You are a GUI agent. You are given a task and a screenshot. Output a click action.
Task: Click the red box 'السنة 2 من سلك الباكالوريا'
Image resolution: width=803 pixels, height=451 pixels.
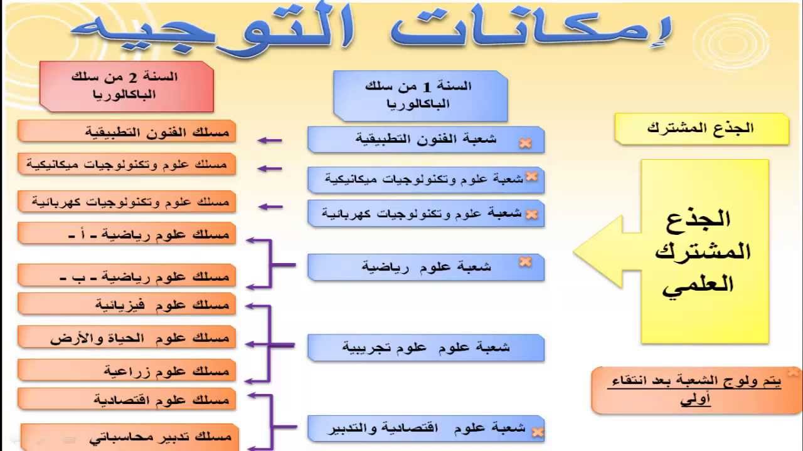pyautogui.click(x=127, y=86)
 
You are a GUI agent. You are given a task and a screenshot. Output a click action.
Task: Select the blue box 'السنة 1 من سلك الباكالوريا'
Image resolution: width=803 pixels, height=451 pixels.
pyautogui.click(x=420, y=96)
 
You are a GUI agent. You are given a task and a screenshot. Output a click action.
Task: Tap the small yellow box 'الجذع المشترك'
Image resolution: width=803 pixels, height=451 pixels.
pyautogui.click(x=702, y=129)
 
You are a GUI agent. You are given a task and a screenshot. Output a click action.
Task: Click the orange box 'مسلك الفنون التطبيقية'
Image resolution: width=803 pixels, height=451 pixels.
pyautogui.click(x=127, y=132)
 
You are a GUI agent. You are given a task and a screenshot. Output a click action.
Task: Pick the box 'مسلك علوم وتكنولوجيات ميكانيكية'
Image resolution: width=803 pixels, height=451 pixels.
pyautogui.click(x=127, y=164)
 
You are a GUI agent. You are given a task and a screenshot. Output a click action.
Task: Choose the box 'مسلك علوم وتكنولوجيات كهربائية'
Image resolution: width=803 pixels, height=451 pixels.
pyautogui.click(x=127, y=202)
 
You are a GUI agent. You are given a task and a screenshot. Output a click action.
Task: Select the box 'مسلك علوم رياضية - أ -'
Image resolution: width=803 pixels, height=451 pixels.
pyautogui.click(x=127, y=234)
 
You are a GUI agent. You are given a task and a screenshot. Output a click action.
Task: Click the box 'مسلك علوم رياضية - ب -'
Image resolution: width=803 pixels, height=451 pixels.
pyautogui.click(x=127, y=276)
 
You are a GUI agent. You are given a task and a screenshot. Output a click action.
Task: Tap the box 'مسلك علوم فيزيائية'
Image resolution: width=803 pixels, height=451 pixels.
pyautogui.click(x=127, y=304)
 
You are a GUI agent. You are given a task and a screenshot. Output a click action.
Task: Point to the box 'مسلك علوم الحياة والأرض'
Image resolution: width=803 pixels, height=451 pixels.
pyautogui.click(x=127, y=337)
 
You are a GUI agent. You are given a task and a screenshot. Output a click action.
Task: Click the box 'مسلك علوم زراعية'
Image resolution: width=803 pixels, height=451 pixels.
pyautogui.click(x=127, y=370)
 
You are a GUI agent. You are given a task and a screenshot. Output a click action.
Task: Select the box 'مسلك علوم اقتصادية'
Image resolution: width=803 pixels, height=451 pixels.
pyautogui.click(x=127, y=399)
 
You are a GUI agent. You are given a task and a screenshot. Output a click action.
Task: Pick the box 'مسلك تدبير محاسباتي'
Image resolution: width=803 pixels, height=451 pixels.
pyautogui.click(x=129, y=437)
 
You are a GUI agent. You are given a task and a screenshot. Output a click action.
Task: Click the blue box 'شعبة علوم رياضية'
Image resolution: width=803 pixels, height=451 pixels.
pyautogui.click(x=426, y=267)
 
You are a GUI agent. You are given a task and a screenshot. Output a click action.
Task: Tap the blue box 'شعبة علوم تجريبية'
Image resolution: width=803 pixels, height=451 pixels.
pyautogui.click(x=426, y=348)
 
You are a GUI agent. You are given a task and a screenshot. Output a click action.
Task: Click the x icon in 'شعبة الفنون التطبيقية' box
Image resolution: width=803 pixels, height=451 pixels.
pyautogui.click(x=525, y=143)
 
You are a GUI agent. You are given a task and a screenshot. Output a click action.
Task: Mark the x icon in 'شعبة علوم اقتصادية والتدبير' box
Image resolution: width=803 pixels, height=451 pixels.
pyautogui.click(x=537, y=432)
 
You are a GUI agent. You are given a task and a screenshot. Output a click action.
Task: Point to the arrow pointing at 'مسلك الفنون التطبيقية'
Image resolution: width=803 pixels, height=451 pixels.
pyautogui.click(x=270, y=141)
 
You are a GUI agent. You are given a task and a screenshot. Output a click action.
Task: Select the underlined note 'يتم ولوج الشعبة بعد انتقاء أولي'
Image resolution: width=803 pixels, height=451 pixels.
pyautogui.click(x=694, y=390)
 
